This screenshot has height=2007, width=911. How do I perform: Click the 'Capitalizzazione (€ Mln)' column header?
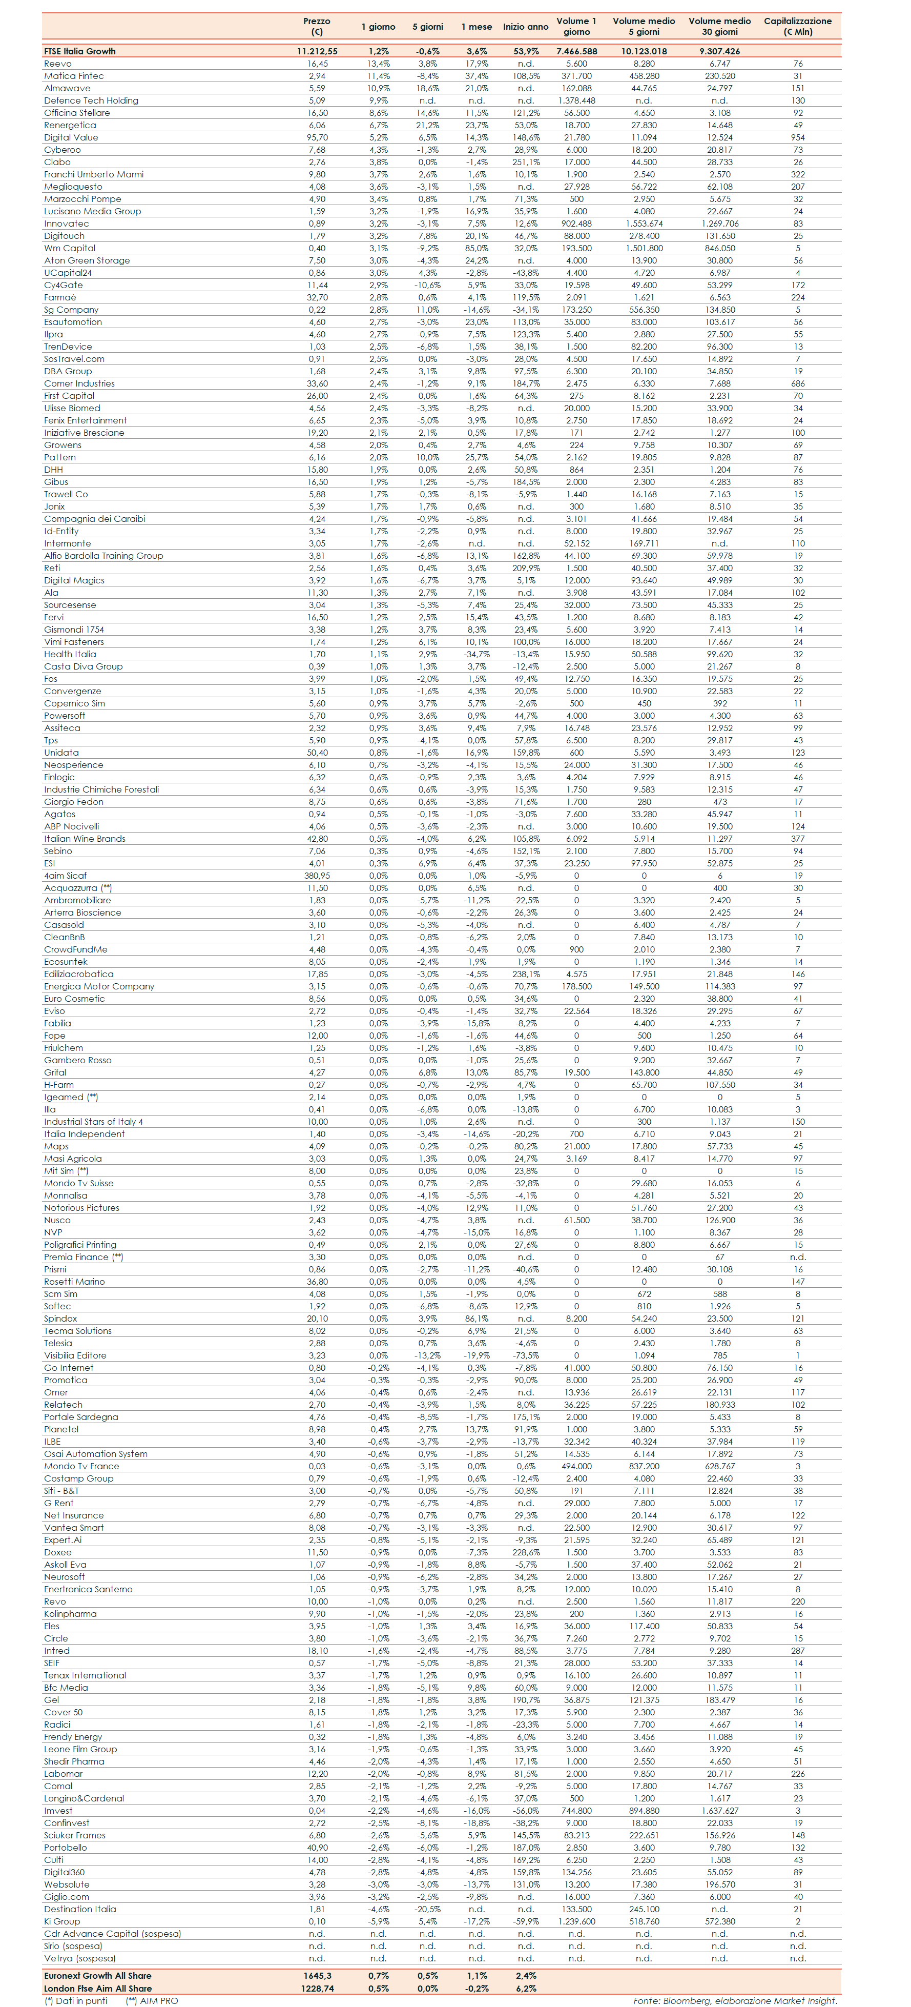797,27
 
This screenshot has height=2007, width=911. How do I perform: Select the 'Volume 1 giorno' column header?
576,27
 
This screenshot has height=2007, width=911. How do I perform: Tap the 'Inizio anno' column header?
526,27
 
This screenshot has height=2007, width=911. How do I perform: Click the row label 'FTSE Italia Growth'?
79,51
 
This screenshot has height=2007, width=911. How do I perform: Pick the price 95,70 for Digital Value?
317,137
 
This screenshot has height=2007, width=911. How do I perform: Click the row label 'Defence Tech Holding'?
91,100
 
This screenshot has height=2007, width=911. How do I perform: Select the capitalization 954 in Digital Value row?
797,137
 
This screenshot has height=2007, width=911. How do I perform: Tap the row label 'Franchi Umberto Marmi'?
93,174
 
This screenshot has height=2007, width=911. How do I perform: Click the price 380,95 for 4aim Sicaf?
317,876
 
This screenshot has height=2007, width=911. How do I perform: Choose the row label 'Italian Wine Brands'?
84,839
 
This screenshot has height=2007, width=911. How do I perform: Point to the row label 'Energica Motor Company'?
99,986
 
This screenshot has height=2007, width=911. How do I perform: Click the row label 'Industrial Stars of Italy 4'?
93,1122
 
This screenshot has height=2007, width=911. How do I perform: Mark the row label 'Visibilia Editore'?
75,1355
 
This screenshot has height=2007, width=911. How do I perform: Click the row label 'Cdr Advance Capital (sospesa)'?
112,1934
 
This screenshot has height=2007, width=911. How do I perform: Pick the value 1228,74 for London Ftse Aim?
317,1989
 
